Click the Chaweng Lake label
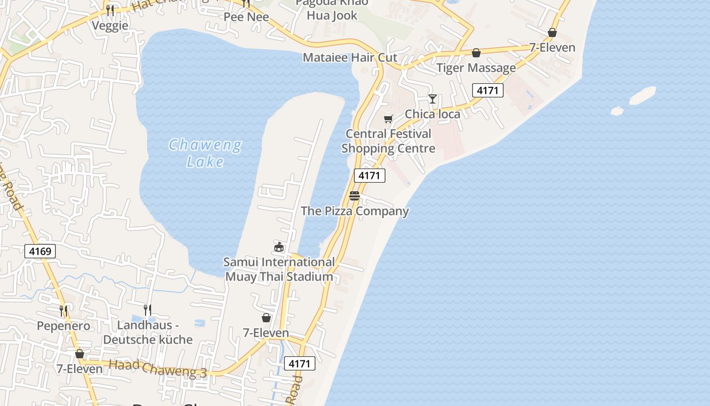[205, 153]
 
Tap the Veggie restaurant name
[110, 25]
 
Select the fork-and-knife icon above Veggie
[110, 10]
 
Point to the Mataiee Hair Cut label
[350, 57]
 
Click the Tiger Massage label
[476, 67]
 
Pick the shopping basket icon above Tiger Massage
[476, 53]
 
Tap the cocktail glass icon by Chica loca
[433, 98]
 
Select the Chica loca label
[433, 114]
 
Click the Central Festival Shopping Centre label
[388, 141]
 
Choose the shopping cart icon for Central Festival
[388, 119]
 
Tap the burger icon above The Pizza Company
[354, 196]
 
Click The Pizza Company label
[354, 211]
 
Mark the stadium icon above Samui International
[278, 247]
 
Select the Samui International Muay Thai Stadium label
[279, 269]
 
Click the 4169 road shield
[40, 251]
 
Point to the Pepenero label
[63, 326]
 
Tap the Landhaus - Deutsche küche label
[148, 332]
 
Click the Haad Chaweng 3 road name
[158, 369]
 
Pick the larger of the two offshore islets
[643, 95]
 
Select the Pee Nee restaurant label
[246, 17]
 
